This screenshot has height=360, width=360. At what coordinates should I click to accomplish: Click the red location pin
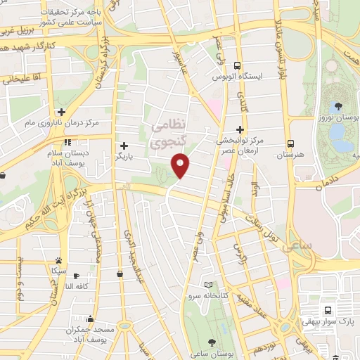coord(181,166)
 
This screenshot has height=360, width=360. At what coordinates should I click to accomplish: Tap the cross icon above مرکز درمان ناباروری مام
coord(62,112)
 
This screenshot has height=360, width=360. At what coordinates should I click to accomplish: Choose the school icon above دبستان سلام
coord(67,143)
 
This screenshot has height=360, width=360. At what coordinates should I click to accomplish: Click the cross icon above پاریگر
coord(124,146)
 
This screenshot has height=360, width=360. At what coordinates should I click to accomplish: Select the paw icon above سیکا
coord(58,260)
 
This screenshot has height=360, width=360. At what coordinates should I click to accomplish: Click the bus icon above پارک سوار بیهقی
coord(328,311)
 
